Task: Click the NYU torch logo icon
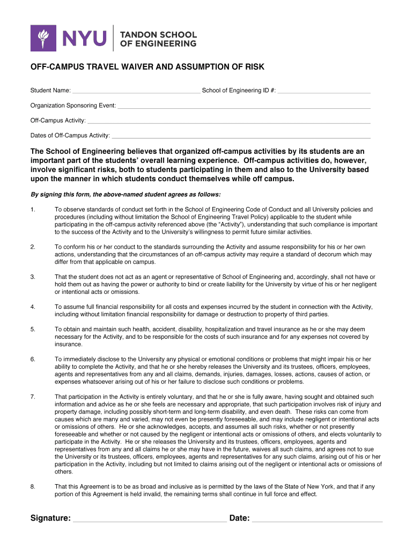point(43,38)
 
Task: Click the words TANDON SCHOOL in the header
point(158,34)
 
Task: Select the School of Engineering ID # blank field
point(324,92)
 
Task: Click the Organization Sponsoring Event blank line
point(244,107)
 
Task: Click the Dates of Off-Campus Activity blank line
point(241,137)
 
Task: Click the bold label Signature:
point(50,518)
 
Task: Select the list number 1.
point(33,209)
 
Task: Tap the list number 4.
point(33,307)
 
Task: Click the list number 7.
point(33,397)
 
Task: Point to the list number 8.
point(33,487)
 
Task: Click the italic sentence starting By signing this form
point(126,194)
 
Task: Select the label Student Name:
point(50,91)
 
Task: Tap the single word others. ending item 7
point(64,472)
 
